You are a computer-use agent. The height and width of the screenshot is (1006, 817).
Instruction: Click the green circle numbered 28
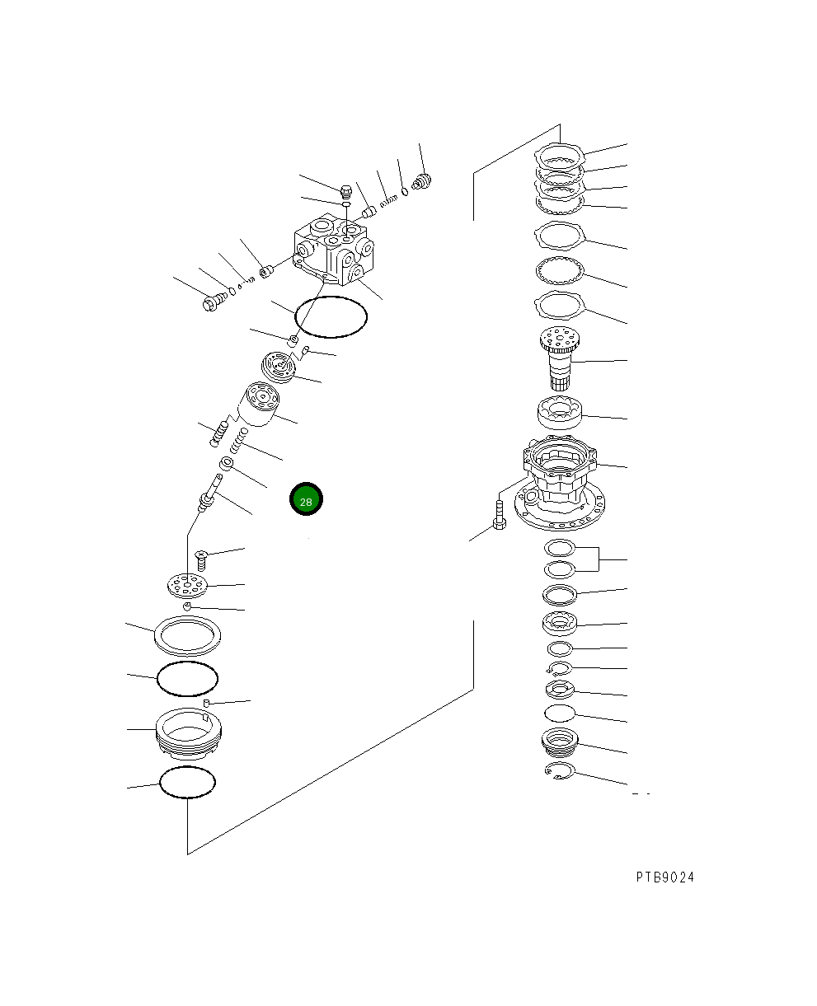[306, 498]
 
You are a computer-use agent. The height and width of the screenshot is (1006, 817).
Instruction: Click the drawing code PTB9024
[664, 877]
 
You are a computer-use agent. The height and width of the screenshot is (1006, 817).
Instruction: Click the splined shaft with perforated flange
[560, 358]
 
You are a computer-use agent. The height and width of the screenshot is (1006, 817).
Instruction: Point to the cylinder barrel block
[258, 405]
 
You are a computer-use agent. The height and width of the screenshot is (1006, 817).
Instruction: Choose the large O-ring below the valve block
[331, 317]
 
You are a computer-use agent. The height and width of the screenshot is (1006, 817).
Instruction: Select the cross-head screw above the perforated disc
[201, 560]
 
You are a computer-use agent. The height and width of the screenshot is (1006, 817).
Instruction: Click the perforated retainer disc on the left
[188, 585]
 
